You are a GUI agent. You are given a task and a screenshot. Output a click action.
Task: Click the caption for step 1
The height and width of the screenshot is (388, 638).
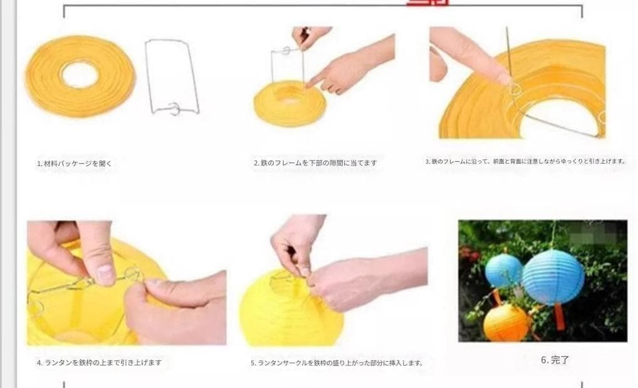point(74,164)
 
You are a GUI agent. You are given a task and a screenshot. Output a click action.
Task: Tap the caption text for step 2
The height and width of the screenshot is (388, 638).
point(315,163)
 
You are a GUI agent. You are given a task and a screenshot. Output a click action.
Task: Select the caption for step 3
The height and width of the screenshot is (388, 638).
point(525,161)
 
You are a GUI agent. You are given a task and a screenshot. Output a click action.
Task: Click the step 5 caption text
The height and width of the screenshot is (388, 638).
point(337,362)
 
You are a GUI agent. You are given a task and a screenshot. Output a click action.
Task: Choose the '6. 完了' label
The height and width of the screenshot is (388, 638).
point(555,360)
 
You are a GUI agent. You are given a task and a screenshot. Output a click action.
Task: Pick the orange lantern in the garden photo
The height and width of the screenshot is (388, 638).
point(506,322)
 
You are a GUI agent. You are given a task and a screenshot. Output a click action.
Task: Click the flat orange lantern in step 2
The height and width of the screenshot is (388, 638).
point(290,103)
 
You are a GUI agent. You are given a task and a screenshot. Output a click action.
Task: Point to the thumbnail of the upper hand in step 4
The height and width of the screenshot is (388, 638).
point(105,273)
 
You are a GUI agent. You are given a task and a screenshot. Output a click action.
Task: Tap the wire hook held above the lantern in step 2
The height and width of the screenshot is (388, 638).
point(288,50)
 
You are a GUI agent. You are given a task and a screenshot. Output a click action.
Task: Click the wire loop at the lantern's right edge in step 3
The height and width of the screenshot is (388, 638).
point(601,117)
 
